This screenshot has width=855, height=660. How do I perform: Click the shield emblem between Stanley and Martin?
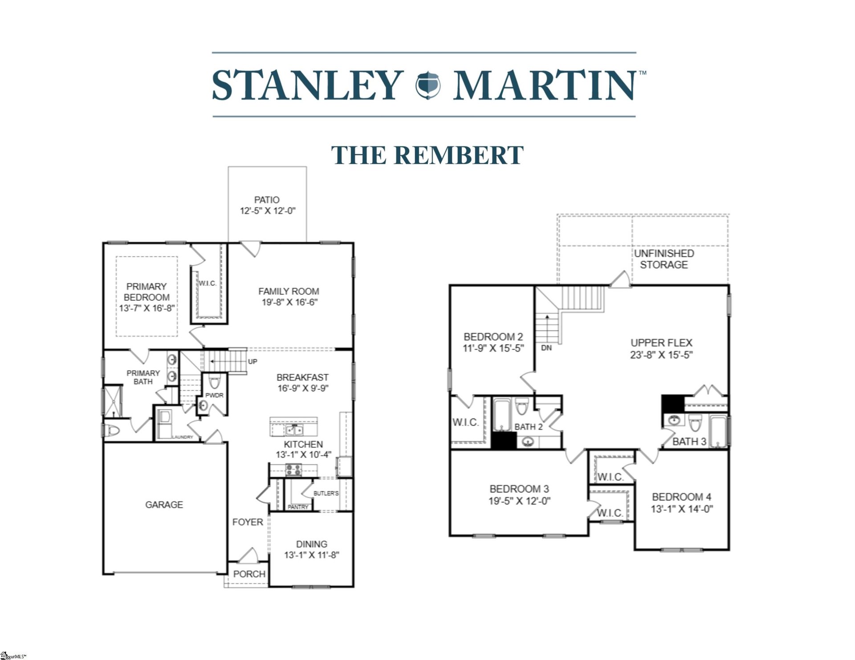(x=427, y=85)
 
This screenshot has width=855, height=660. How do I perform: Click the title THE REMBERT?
(x=427, y=155)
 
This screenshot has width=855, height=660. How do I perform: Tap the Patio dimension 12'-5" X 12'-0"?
(x=267, y=211)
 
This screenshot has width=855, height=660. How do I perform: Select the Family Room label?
(x=289, y=292)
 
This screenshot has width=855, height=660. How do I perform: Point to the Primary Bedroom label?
(x=147, y=292)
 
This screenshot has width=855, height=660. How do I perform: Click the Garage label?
(x=164, y=505)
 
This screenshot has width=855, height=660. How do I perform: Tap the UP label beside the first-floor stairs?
(x=252, y=362)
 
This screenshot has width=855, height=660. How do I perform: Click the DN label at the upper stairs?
(x=546, y=348)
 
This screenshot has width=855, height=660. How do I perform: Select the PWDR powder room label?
(x=214, y=395)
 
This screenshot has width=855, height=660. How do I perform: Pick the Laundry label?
(x=183, y=437)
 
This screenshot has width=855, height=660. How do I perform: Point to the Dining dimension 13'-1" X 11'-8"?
(x=312, y=555)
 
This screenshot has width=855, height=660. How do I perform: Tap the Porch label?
(x=249, y=574)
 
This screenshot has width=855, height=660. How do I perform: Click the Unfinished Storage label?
(x=664, y=259)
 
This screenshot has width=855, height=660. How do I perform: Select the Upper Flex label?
(x=661, y=343)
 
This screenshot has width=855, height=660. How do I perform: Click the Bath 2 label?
(x=529, y=427)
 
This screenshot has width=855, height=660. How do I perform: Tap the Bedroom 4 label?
(x=681, y=497)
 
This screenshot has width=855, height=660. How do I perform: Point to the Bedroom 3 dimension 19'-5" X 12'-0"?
(x=519, y=501)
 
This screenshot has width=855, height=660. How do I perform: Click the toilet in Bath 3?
(x=695, y=422)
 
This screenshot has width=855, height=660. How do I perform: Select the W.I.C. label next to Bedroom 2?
(x=465, y=422)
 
